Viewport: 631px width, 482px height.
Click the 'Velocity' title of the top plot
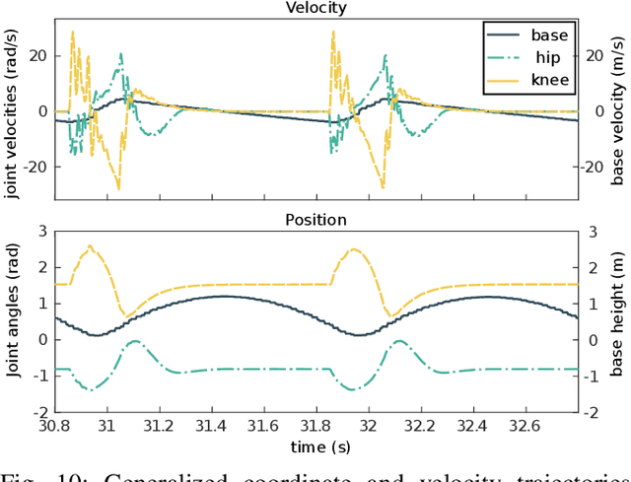tap(316, 8)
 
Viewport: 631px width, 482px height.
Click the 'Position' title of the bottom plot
tap(316, 219)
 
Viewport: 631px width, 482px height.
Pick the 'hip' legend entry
tap(538, 57)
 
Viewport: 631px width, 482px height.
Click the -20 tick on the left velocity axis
tap(36, 167)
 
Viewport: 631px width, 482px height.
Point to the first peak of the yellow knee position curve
tap(91, 246)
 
